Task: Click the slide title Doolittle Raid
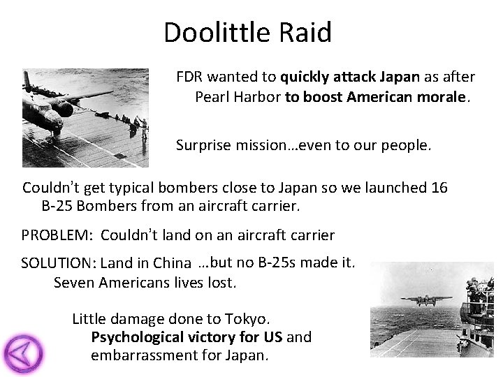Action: coord(247,33)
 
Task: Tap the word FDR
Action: coord(189,77)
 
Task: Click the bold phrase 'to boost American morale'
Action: coord(376,97)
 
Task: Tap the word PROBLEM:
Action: coord(58,236)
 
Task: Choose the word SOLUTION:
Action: coord(59,263)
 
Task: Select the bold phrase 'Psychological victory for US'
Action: coord(187,337)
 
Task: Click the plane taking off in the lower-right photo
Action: coord(425,300)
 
